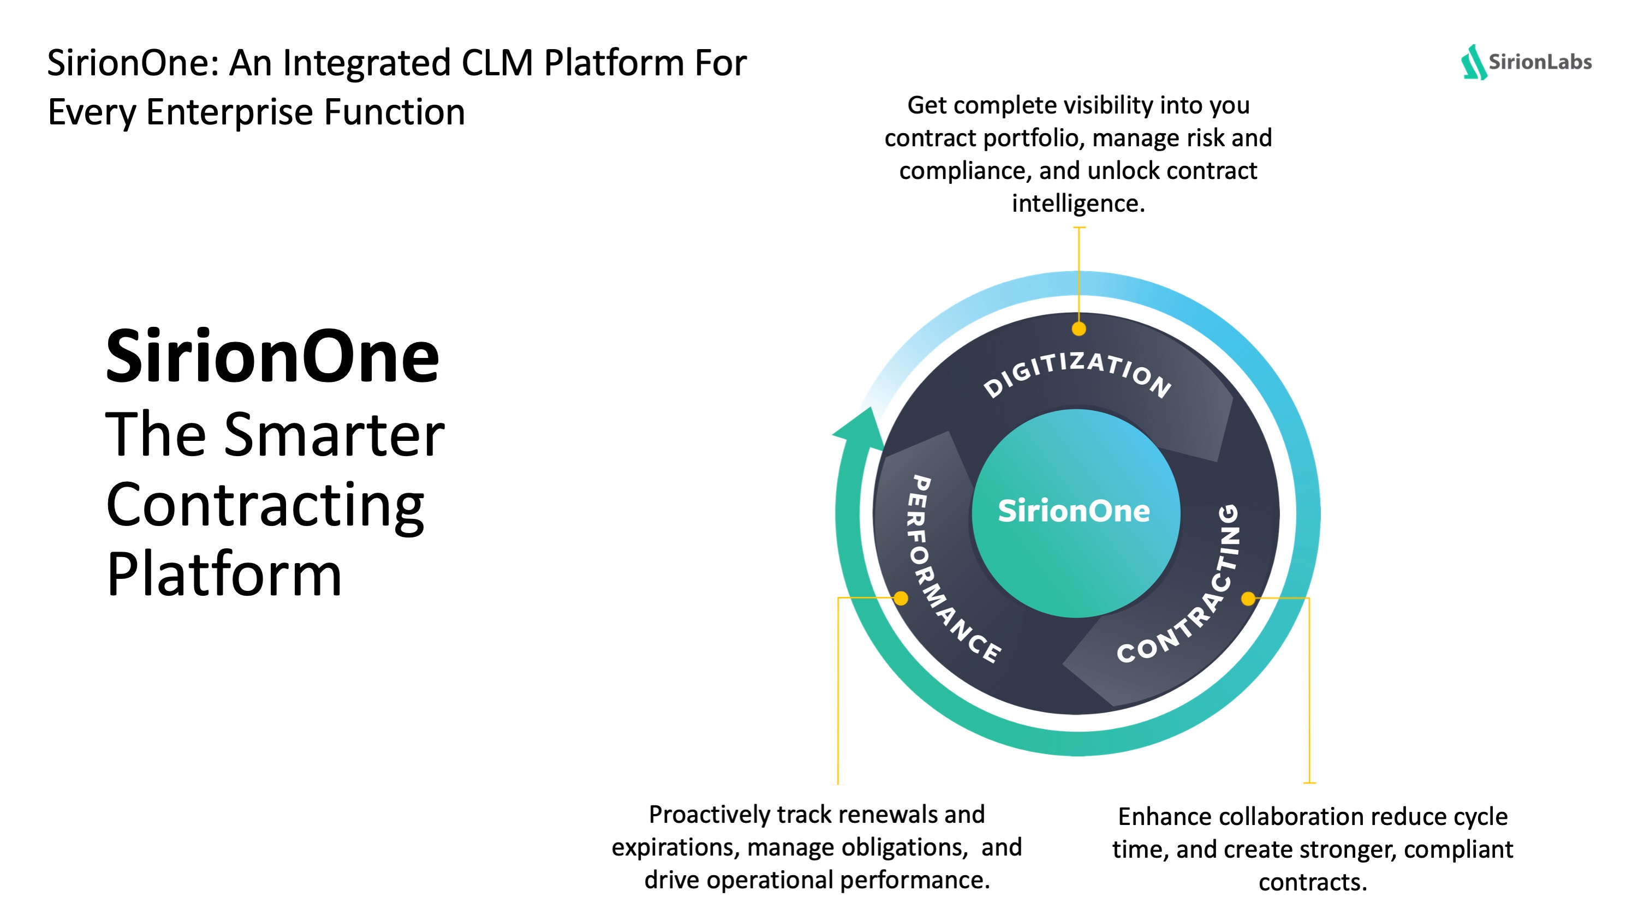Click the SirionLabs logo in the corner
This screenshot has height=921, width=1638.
coord(1526,62)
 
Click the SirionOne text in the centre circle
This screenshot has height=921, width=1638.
coord(1074,511)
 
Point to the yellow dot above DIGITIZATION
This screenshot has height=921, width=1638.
coord(1079,328)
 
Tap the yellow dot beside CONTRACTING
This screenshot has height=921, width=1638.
coord(1248,598)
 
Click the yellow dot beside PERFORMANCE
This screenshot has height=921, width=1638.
coord(901,598)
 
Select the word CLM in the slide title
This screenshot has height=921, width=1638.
coord(497,63)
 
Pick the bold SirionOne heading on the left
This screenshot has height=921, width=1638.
coord(272,357)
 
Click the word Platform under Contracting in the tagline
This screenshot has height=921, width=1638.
coord(224,574)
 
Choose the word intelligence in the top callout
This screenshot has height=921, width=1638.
coord(1078,204)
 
